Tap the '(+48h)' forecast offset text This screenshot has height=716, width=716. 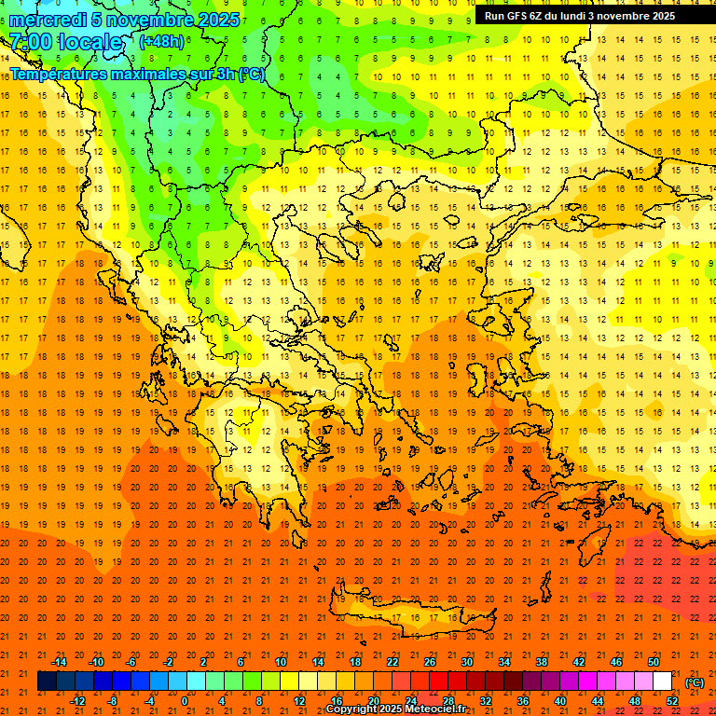coord(161,41)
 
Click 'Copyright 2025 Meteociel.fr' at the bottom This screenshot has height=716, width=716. coord(395,709)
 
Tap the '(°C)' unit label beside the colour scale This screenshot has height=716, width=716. coord(695,682)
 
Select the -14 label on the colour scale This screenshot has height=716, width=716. coord(59,662)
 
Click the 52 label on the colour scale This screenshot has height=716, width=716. coord(672,701)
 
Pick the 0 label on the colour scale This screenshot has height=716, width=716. coord(185,701)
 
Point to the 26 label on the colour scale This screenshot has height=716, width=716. coord(430,662)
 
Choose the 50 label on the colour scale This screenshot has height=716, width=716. coord(654,662)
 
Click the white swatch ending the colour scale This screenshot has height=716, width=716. coord(663,682)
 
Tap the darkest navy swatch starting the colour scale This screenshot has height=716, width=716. coord(47,682)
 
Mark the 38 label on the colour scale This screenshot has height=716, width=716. coord(542,662)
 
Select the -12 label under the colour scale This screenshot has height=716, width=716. coord(77,701)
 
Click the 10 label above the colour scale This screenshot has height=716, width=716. coord(281,662)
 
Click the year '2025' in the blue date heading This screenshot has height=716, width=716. coord(218,20)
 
